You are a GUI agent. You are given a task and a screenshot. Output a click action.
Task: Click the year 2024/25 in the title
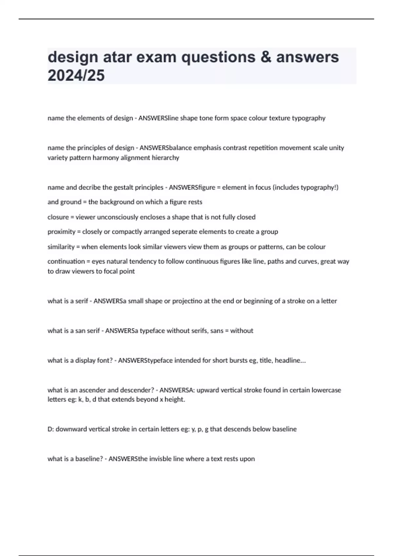tap(76, 75)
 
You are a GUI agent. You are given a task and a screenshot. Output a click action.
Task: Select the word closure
tap(58, 217)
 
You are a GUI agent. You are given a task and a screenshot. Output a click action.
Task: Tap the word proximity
tap(61, 232)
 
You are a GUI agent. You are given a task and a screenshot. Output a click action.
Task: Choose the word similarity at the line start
tap(61, 247)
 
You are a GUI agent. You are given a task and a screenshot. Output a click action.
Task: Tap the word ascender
tap(90, 390)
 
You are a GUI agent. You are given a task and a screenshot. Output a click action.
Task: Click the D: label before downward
tap(51, 429)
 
